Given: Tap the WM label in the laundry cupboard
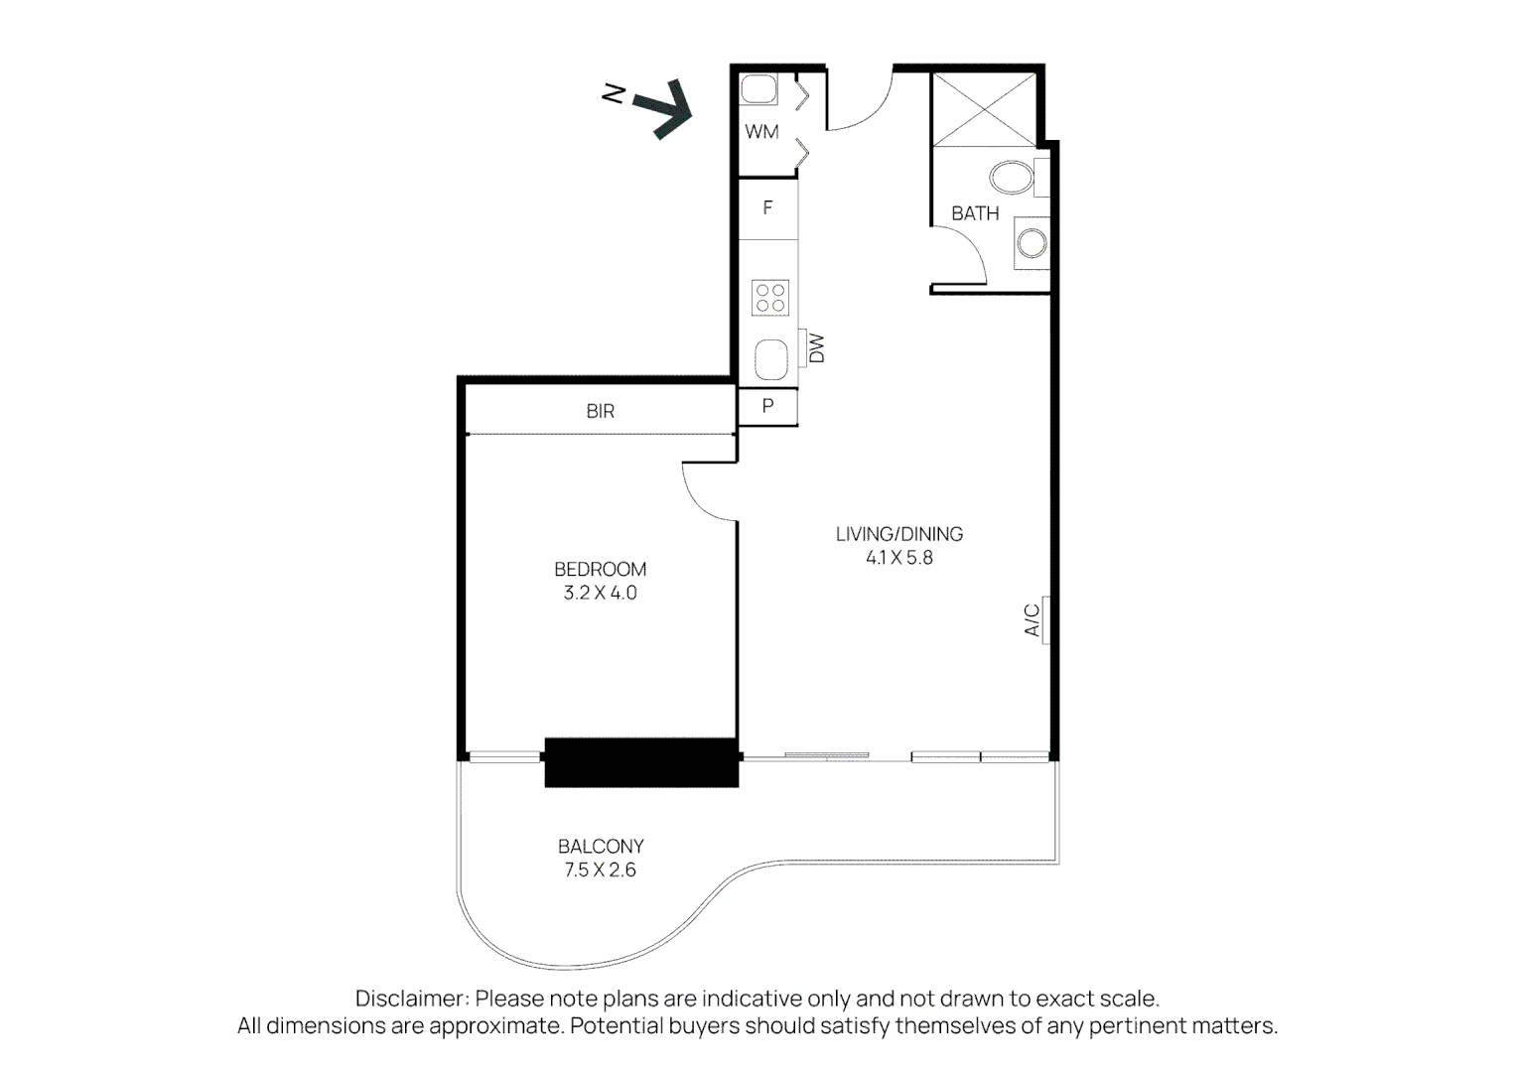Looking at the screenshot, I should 761,132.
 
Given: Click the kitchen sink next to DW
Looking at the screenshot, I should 771,359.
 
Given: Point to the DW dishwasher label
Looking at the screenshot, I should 817,348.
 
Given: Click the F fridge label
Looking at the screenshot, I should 767,208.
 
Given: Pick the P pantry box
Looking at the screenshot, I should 767,407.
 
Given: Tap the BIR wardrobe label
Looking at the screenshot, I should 600,411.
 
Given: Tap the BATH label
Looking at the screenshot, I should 975,213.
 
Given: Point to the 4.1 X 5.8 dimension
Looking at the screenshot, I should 898,558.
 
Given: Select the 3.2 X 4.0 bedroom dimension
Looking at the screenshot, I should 600,594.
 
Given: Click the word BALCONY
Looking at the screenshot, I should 601,847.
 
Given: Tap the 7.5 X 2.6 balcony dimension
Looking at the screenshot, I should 600,871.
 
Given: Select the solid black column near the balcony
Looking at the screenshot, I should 641,762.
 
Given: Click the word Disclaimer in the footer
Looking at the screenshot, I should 410,999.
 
